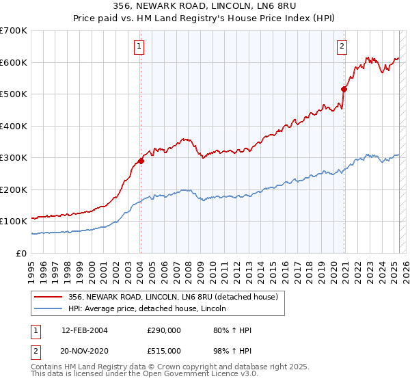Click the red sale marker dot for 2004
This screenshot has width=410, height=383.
pos(141,161)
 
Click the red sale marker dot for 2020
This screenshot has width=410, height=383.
pos(344,89)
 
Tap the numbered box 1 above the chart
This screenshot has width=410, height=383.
pos(139,47)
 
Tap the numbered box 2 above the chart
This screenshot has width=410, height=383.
pos(341,47)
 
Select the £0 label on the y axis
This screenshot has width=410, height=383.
pos(23,253)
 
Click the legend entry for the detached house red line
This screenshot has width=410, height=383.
pos(172,297)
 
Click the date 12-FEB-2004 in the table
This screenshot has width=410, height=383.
pos(85,330)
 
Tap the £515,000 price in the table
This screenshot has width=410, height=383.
pos(164,350)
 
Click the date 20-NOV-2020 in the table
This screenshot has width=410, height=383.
pos(85,350)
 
